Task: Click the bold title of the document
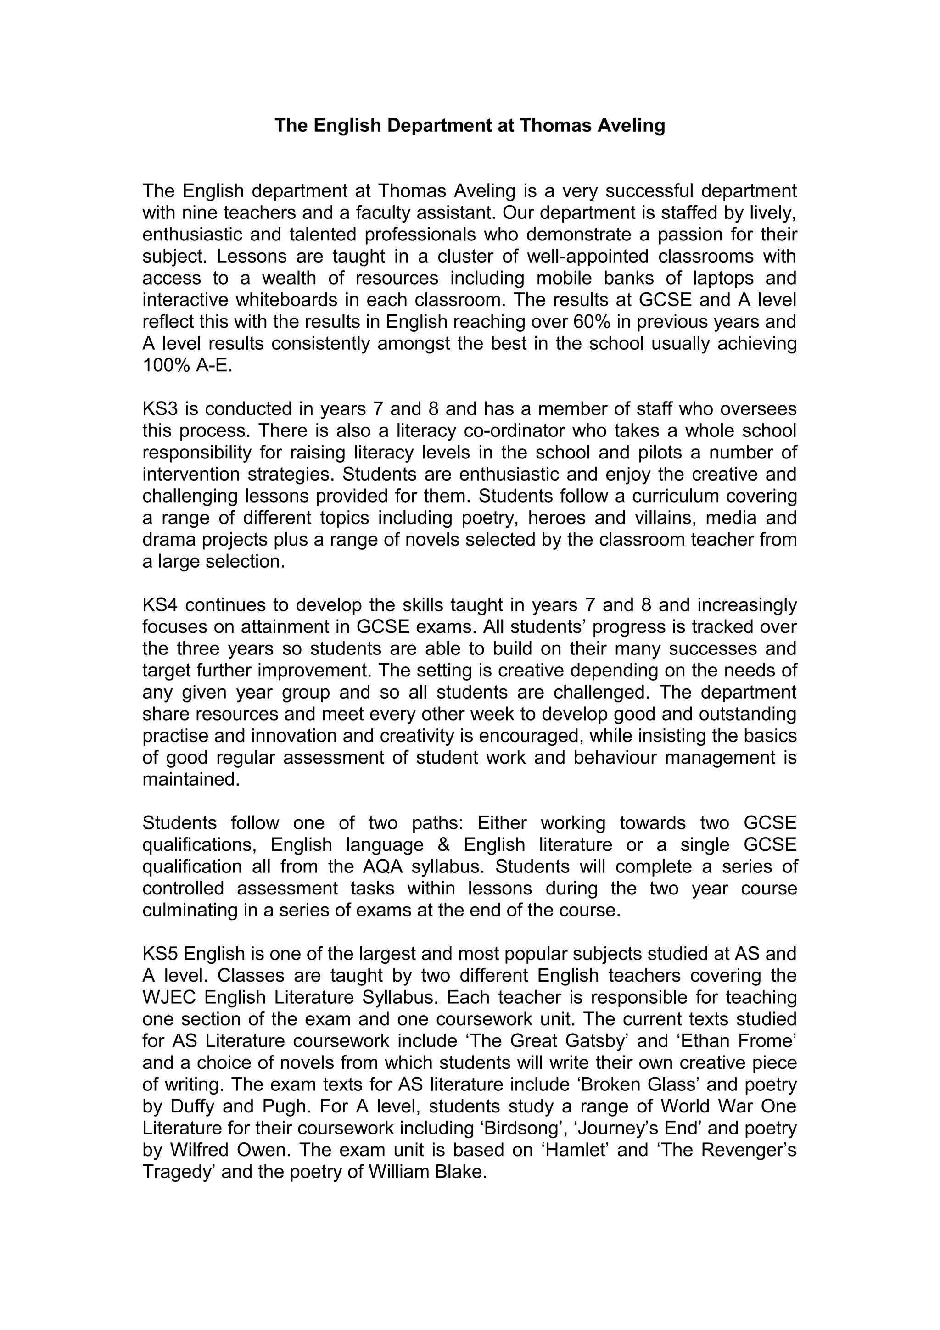[x=470, y=125]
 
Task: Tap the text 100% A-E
[x=187, y=365]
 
